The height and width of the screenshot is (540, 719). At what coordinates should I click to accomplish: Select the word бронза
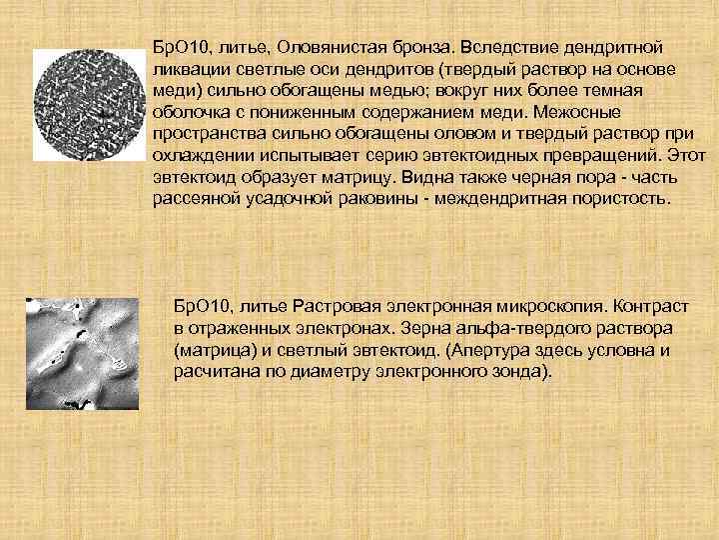pos(421,48)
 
